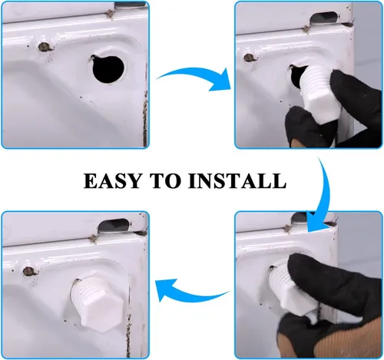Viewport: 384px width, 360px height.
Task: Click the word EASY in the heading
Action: [112, 181]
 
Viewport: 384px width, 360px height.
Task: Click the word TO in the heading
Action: [165, 181]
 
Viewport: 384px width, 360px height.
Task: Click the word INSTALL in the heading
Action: [237, 181]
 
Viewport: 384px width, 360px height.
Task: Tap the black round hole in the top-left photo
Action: [108, 68]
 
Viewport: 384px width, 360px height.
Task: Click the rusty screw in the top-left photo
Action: [43, 47]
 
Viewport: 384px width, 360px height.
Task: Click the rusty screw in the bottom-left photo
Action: [28, 271]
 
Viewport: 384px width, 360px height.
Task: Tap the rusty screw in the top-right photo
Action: [248, 58]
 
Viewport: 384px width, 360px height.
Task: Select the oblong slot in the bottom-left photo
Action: [114, 224]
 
